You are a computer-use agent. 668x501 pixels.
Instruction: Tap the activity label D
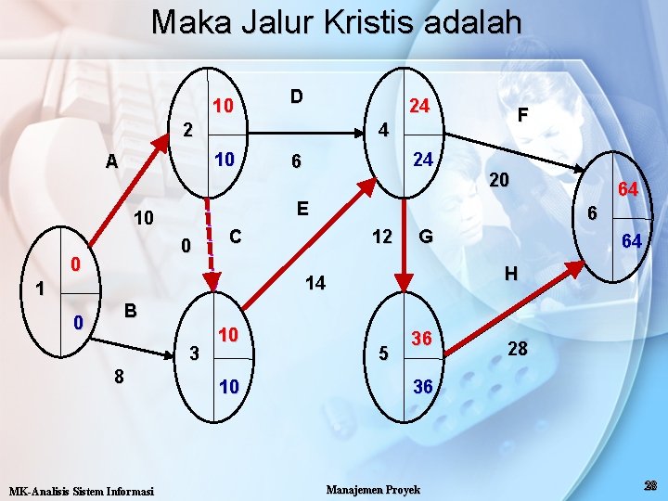click(295, 96)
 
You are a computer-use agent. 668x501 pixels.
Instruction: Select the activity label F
click(523, 115)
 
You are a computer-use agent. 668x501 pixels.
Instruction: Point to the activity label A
click(111, 161)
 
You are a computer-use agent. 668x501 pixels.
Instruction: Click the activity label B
click(131, 311)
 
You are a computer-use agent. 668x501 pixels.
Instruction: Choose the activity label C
click(236, 237)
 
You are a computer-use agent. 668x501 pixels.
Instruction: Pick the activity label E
click(302, 208)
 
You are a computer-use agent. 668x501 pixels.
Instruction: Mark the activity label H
click(510, 274)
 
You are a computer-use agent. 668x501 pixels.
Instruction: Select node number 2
click(187, 129)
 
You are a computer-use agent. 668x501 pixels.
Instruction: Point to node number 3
click(194, 353)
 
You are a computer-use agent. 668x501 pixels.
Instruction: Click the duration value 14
click(315, 283)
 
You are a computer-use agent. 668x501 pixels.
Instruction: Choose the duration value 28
click(519, 349)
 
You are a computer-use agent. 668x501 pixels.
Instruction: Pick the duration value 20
click(499, 180)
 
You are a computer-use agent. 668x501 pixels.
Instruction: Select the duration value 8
click(118, 377)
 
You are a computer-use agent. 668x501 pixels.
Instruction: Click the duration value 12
click(381, 237)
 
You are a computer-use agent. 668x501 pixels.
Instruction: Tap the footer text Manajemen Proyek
click(374, 489)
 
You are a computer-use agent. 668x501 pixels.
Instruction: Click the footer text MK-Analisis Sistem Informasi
click(81, 490)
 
